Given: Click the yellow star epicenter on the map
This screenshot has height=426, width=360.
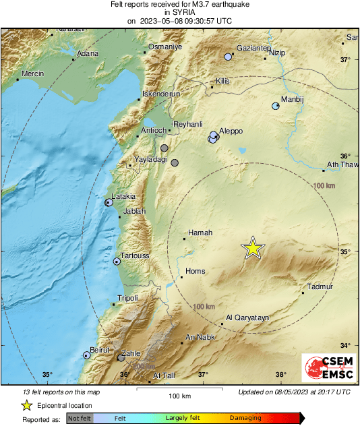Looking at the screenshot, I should pyautogui.click(x=253, y=248).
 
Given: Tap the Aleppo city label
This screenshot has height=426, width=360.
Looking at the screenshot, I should pyautogui.click(x=231, y=131).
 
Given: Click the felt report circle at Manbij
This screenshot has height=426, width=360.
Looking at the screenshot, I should pyautogui.click(x=275, y=106).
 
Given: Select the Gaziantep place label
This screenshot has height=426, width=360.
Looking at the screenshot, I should pyautogui.click(x=253, y=49).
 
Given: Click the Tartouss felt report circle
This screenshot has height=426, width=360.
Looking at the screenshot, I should pyautogui.click(x=117, y=262).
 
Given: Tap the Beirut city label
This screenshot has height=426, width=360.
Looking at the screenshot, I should pyautogui.click(x=100, y=351).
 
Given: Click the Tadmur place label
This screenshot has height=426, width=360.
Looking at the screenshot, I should pyautogui.click(x=320, y=287).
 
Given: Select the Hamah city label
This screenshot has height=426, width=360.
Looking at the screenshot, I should pyautogui.click(x=200, y=233).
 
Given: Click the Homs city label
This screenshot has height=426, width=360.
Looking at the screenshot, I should pyautogui.click(x=196, y=272).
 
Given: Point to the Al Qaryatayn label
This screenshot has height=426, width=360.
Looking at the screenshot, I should pyautogui.click(x=247, y=317).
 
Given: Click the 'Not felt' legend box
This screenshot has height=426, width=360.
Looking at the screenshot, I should pyautogui.click(x=79, y=419).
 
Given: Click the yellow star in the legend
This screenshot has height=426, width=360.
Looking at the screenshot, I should pyautogui.click(x=26, y=405).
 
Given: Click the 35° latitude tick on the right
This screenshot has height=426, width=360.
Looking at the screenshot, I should pyautogui.click(x=345, y=252).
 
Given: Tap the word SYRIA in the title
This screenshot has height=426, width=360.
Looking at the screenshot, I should pyautogui.click(x=179, y=12).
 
